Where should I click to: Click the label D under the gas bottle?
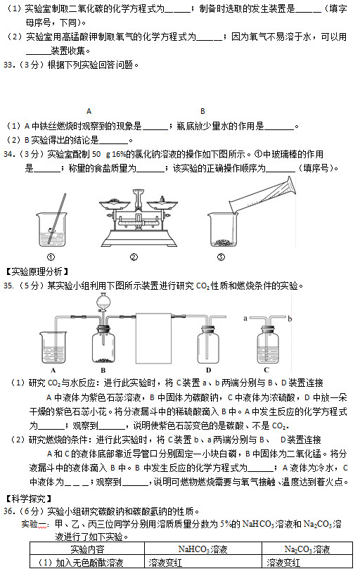[209, 369]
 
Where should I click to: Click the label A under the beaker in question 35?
[53, 369]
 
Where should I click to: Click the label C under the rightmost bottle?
[266, 369]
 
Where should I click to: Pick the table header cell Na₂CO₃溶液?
[307, 549]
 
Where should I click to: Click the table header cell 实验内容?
[87, 549]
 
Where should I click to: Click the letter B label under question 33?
[202, 110]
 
